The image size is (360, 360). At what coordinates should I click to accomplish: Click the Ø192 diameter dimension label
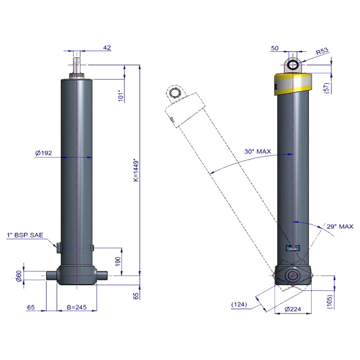click(x=44, y=153)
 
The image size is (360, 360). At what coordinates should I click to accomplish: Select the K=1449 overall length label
click(x=136, y=170)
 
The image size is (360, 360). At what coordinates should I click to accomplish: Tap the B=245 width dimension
click(x=76, y=307)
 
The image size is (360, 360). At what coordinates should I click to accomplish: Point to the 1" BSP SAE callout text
click(x=25, y=235)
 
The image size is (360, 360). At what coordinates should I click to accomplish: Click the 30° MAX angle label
click(x=258, y=151)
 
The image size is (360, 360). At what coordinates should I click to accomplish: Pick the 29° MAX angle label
click(x=340, y=227)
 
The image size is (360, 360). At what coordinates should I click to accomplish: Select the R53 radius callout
click(x=322, y=51)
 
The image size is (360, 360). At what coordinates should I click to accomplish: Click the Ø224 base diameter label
click(x=292, y=309)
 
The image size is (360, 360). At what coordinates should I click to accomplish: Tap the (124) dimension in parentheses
click(x=239, y=304)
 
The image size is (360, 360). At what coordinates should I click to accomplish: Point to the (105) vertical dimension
click(x=329, y=301)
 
